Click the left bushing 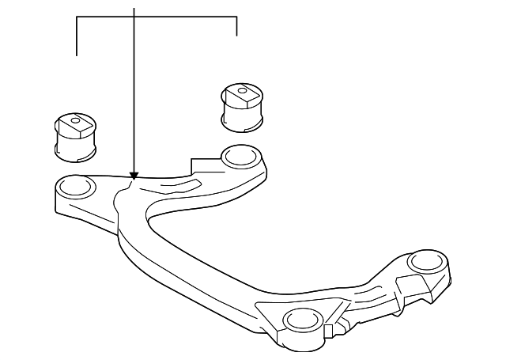coord(74,135)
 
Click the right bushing coord(243,104)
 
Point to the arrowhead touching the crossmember coord(134,176)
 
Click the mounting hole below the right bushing coord(238,156)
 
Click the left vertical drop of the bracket coord(76,36)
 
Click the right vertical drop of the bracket coord(236,26)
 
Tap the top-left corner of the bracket coord(76,16)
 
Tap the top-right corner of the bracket coord(236,16)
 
